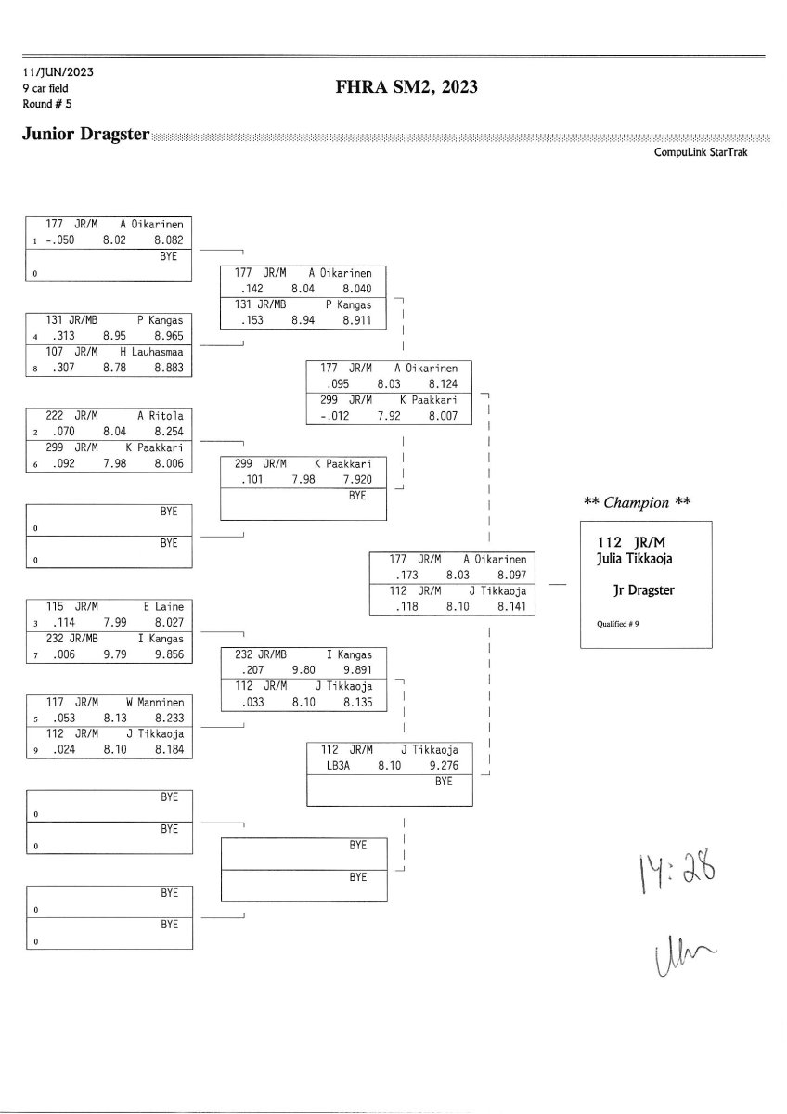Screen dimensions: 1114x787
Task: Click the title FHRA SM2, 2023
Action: click(x=407, y=88)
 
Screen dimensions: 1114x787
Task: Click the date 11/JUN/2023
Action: click(x=58, y=71)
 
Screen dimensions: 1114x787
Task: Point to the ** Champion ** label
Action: click(x=638, y=502)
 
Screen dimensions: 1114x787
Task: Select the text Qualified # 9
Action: click(x=613, y=624)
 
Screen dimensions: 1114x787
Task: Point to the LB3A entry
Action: click(x=333, y=766)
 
